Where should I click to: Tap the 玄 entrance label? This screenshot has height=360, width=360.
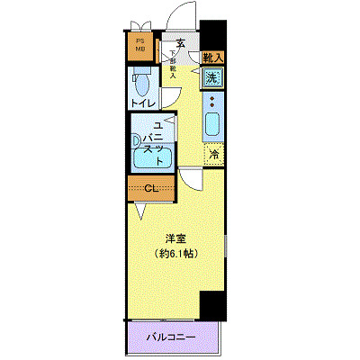181,43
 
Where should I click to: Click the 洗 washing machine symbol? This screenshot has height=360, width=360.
211,78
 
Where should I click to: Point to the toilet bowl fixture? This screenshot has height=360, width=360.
142,85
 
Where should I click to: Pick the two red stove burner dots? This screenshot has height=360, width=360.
212,100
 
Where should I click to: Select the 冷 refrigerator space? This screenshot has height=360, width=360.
214,154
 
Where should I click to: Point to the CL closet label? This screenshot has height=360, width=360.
152,189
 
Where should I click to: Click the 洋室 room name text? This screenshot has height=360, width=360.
175,238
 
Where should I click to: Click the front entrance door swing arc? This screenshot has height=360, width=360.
185,18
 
